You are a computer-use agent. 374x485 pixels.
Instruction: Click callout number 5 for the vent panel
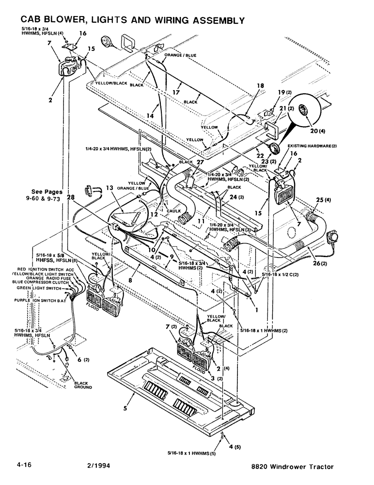click(x=125, y=409)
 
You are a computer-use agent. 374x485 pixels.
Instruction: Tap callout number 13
click(x=109, y=188)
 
